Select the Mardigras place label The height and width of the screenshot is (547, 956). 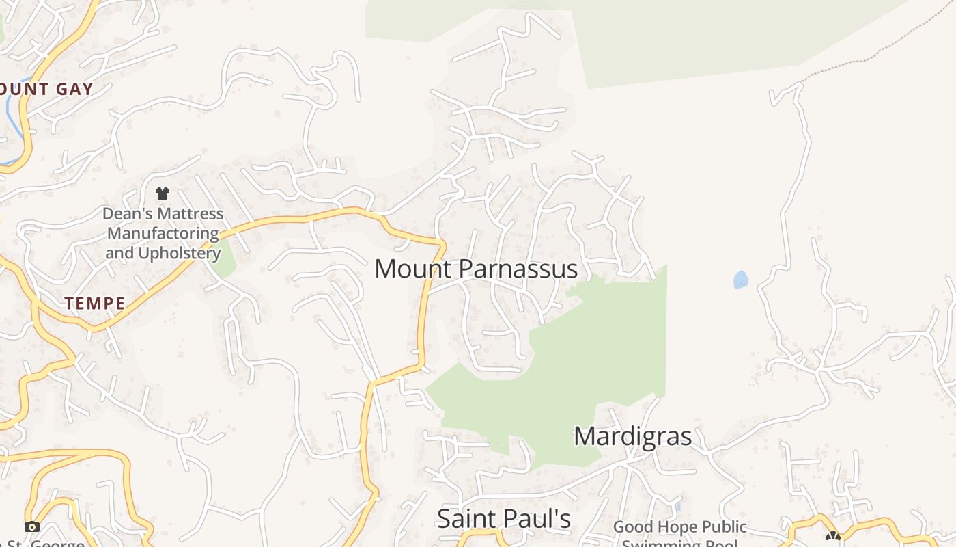632,436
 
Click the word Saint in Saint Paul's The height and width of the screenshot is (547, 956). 464,519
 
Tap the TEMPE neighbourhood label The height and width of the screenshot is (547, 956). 95,304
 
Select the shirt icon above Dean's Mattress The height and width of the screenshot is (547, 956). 162,194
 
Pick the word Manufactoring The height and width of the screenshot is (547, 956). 163,234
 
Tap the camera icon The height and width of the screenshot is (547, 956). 31,526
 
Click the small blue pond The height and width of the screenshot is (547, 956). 740,280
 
